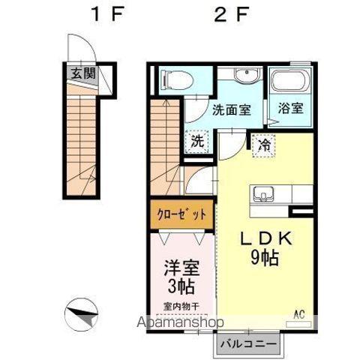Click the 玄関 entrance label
[x=83, y=73]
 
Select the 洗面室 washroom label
[x=231, y=109]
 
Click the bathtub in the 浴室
[x=288, y=81]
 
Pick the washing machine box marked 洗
[x=196, y=140]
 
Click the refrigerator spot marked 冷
[x=264, y=142]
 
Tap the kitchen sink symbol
[x=265, y=193]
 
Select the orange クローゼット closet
[x=181, y=214]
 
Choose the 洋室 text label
[x=181, y=268]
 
